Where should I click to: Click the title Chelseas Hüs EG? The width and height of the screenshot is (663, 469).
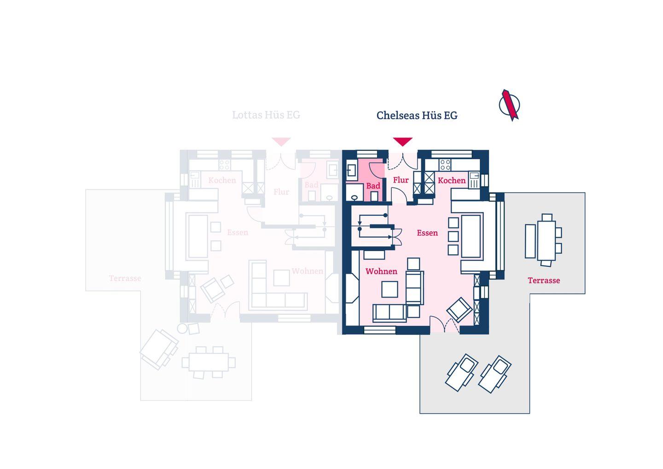pos(417,115)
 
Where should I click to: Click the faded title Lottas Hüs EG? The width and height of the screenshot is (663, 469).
pos(266,115)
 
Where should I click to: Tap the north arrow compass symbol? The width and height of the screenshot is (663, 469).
pos(510,105)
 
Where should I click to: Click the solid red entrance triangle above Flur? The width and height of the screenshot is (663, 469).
pos(402,141)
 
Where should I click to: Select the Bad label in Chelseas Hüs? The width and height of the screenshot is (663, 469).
pos(373,186)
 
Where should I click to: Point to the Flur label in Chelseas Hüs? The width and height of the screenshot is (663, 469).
pos(401,180)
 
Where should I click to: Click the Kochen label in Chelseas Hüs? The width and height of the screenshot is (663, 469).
pos(451,181)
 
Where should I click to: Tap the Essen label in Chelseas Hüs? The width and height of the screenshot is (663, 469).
pos(427,233)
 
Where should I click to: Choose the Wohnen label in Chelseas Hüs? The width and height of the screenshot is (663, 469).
pos(381,271)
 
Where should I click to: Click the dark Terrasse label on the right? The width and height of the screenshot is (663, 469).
pos(543,281)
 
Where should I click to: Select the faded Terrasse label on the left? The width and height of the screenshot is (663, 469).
pos(125,278)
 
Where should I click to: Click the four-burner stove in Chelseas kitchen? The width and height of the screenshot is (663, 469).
pos(445,164)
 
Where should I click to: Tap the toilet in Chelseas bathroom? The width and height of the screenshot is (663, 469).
pos(354,197)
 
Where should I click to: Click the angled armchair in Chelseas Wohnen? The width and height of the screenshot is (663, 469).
pos(459,309)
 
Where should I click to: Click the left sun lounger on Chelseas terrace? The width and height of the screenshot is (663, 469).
pos(462,372)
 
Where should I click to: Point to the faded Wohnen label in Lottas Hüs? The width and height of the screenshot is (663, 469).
pos(307,271)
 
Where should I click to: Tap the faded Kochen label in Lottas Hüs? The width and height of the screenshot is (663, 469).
pos(222,180)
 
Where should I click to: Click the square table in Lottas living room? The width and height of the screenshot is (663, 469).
pos(281,278)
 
